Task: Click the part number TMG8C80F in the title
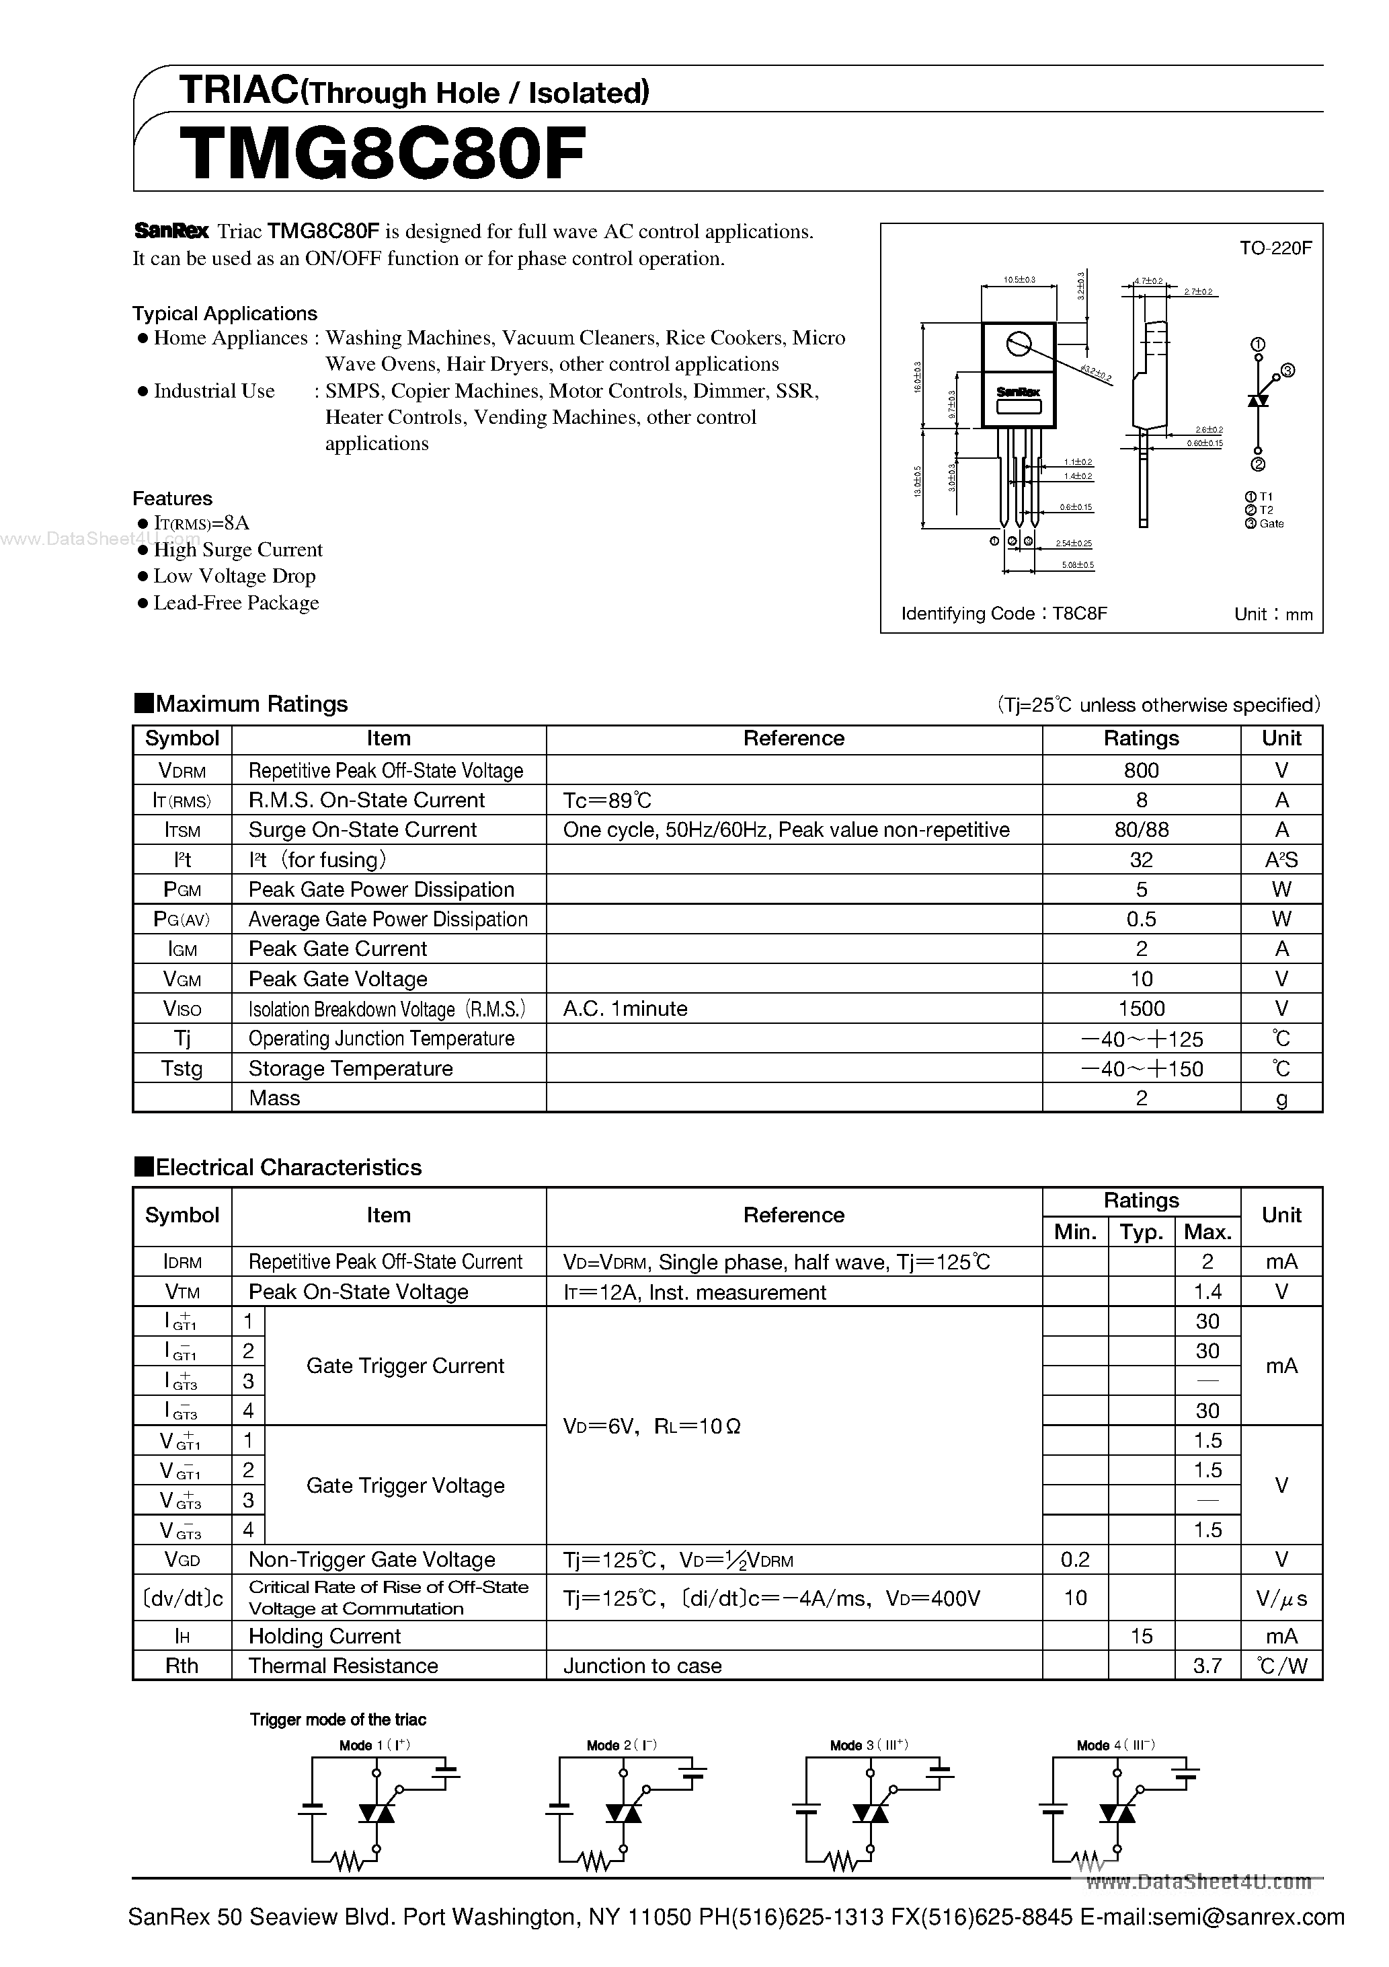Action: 383,154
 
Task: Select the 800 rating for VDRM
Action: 1141,770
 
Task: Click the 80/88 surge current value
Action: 1141,829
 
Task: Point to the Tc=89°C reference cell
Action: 607,800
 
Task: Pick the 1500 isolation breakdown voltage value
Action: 1141,1008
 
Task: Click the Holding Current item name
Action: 325,1635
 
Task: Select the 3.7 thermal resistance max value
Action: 1207,1666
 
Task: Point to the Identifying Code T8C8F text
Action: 1004,614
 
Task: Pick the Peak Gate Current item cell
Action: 338,949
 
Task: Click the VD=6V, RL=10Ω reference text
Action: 651,1426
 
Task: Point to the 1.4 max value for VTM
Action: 1207,1292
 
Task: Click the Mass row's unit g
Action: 1281,1099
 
